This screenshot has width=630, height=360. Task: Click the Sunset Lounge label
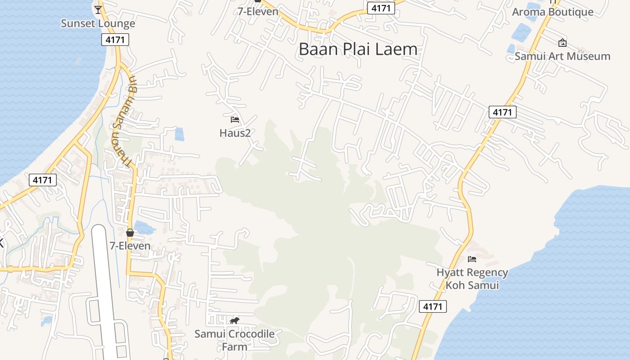pos(98,23)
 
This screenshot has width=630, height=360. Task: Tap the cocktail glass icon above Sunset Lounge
pos(98,9)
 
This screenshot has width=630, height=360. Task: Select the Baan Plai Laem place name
pos(358,49)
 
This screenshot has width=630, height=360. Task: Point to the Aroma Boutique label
pos(553,12)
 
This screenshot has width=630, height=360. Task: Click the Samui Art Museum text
pos(562,56)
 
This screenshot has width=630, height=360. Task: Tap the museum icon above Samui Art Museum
pos(562,43)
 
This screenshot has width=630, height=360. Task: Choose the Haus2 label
pos(235,133)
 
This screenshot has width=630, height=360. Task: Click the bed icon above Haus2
pos(234,120)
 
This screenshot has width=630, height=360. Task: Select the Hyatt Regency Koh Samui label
pos(472,279)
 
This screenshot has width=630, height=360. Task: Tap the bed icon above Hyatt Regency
pos(472,259)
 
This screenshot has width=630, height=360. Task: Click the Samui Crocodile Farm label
pos(234,340)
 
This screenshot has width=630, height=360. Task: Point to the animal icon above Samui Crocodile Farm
pos(234,321)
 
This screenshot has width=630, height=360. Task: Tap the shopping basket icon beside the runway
pos(130,233)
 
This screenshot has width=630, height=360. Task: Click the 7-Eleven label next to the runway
pos(130,246)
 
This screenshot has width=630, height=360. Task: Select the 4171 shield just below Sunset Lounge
pos(115,40)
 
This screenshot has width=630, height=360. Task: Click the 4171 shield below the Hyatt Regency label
pos(433,307)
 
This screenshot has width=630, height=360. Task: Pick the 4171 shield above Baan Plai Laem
pos(381,8)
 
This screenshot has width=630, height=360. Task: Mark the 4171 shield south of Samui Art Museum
pos(502,112)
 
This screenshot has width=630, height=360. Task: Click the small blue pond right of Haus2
pos(179,134)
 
